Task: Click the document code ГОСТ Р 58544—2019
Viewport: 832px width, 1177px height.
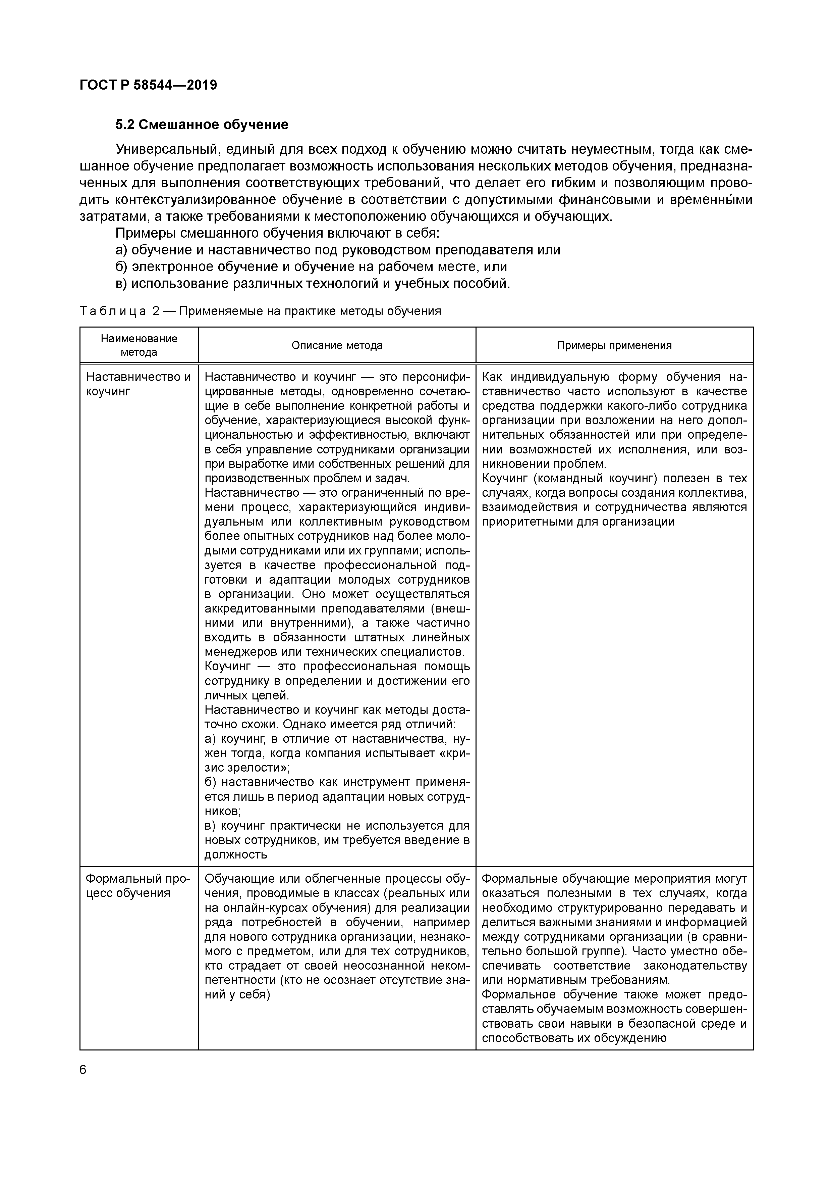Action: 148,85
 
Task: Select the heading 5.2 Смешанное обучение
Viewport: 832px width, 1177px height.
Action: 202,125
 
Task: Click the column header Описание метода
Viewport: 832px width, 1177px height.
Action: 337,345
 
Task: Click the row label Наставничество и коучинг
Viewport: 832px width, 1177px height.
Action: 138,384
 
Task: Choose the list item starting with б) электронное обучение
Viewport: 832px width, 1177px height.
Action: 311,266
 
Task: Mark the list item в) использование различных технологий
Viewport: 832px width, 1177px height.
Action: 313,284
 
